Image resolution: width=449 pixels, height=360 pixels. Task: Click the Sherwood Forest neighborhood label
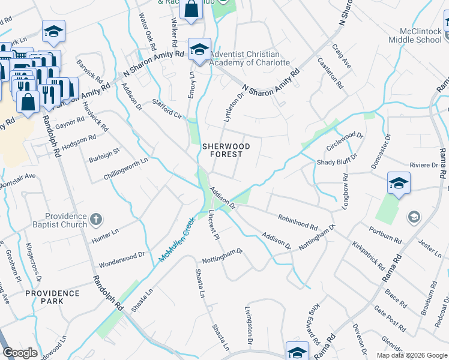coord(222,149)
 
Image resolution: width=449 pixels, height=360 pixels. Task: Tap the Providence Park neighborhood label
coord(52,298)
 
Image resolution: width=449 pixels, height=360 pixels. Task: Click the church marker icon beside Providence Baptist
coord(96,220)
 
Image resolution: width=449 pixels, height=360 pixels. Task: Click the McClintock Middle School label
coord(420,35)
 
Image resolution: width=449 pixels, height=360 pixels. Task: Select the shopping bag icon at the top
coord(191,10)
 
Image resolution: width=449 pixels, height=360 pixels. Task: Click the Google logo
coord(20,353)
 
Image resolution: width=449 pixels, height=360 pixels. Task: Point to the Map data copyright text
coord(411,355)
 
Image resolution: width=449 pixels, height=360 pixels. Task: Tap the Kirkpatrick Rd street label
coord(368,254)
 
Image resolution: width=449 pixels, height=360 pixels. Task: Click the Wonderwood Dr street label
coord(122,259)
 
